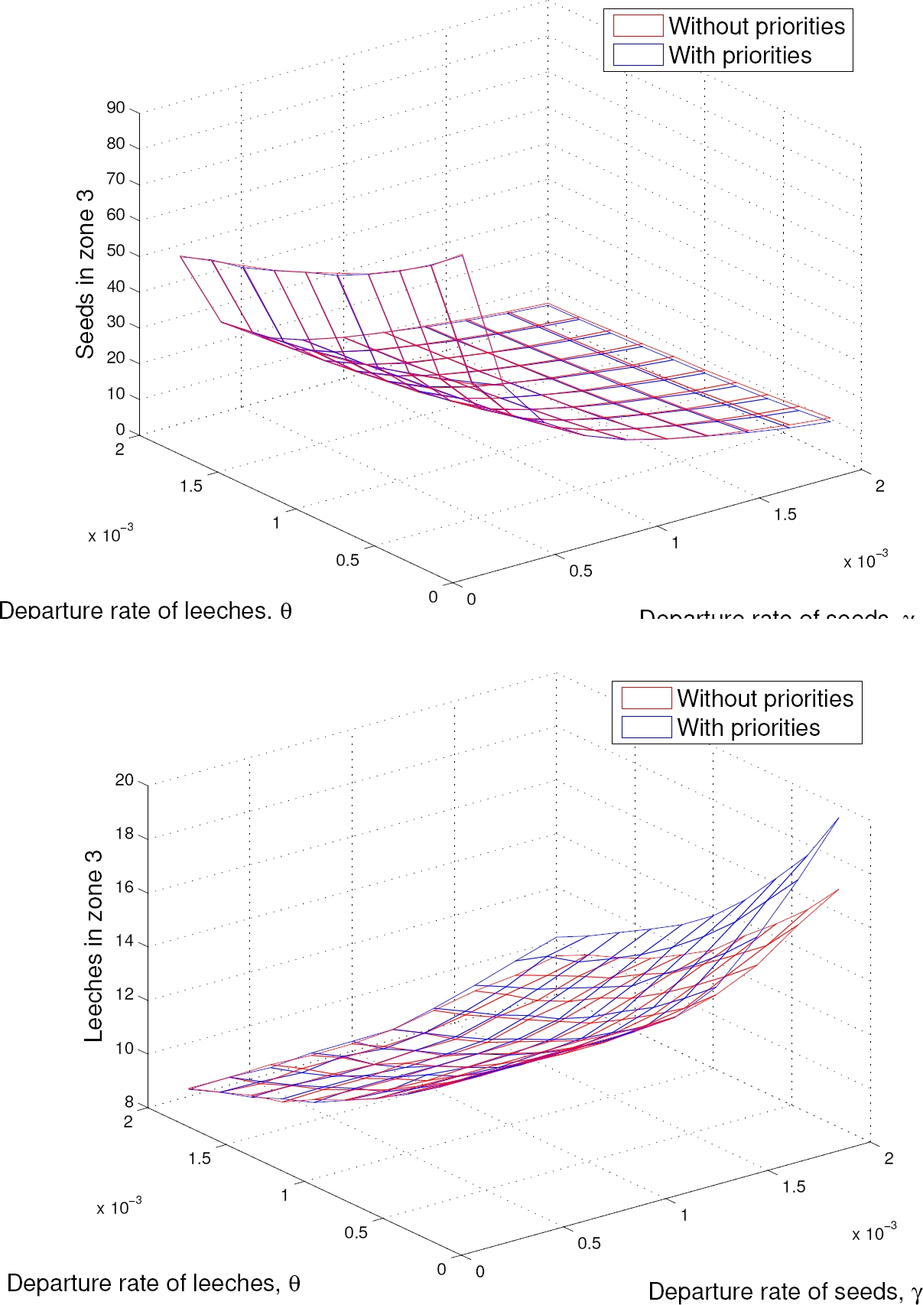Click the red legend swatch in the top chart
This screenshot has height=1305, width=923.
637,26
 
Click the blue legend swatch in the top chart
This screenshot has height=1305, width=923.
637,55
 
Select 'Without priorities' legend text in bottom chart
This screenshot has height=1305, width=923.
765,698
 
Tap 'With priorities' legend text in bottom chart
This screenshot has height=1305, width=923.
748,727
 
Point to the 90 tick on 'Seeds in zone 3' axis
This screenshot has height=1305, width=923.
116,108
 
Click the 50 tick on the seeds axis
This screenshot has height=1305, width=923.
116,251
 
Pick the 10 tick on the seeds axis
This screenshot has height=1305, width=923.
116,394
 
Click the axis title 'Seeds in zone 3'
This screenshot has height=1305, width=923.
85,274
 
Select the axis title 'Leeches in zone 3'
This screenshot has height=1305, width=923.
93,945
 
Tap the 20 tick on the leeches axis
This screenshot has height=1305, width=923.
124,780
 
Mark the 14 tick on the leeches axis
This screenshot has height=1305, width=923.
124,942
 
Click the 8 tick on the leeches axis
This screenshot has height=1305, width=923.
129,1102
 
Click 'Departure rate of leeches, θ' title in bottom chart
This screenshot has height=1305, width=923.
153,1283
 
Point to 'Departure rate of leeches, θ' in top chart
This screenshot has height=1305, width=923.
145,610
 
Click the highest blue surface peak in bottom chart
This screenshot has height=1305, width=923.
838,818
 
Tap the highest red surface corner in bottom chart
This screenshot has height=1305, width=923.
838,890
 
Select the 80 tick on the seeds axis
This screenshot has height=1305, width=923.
116,144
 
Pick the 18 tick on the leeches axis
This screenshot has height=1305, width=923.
124,834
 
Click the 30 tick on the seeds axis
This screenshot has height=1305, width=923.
116,322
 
